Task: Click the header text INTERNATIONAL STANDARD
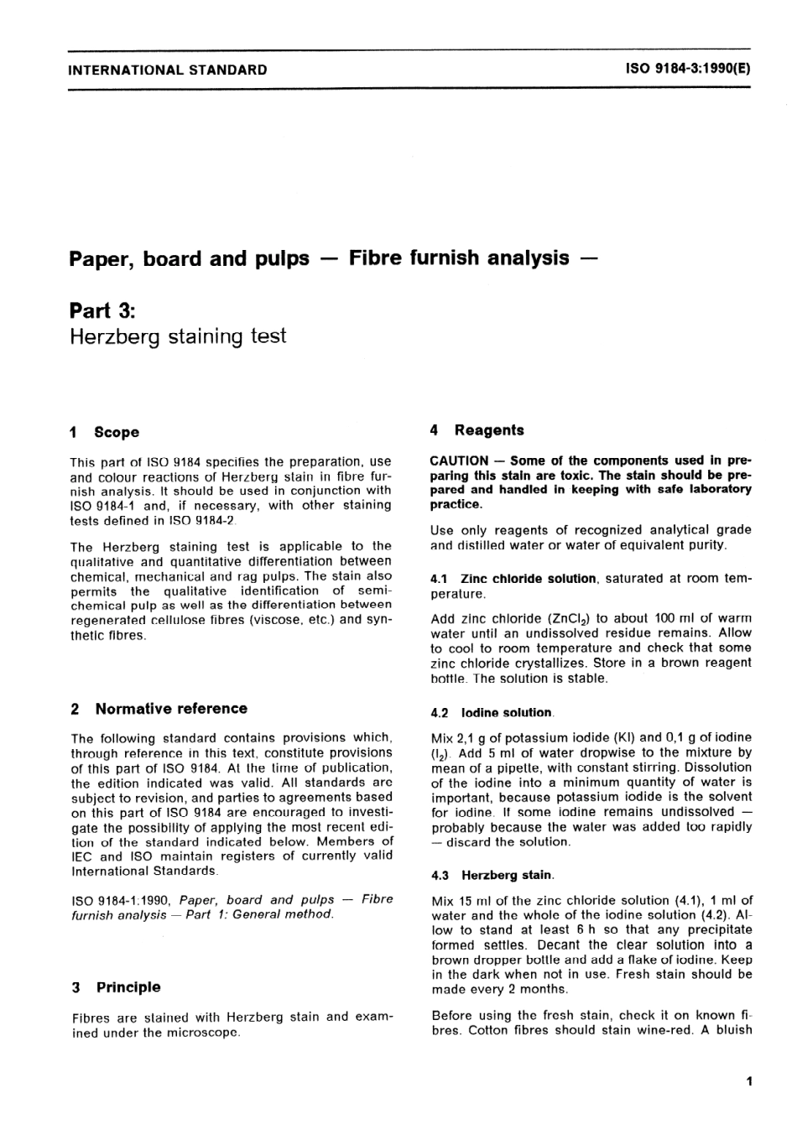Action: point(168,70)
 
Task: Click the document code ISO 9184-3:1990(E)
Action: point(687,69)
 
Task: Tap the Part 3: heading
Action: point(102,310)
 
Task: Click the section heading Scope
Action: point(117,432)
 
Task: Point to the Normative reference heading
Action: point(171,708)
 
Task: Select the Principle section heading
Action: point(128,987)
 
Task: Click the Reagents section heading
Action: point(489,430)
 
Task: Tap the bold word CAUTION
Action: point(459,461)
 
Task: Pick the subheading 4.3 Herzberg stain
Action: point(492,875)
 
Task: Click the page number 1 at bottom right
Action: point(748,1081)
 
